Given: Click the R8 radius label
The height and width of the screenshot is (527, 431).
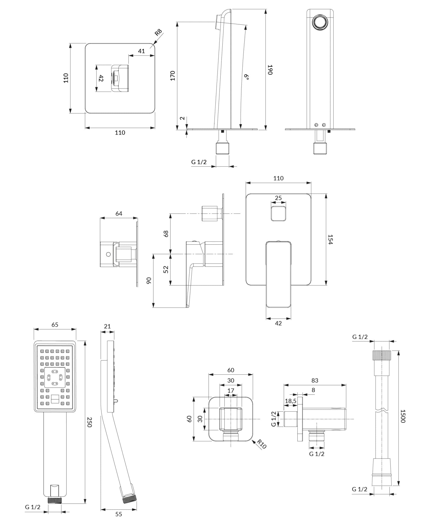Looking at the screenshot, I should [158, 32].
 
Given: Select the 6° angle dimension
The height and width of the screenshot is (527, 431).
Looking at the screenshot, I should [247, 77].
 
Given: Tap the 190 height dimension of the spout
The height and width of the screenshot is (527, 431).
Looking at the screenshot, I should [270, 70].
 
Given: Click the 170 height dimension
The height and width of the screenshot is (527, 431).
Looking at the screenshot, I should [173, 75].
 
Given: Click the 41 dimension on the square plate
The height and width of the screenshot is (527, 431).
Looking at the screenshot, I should [141, 51].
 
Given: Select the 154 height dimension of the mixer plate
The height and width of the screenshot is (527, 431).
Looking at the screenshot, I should [330, 239].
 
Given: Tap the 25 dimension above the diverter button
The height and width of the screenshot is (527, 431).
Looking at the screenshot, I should [278, 198].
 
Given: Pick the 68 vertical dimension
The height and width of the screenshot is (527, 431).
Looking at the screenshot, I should [166, 233].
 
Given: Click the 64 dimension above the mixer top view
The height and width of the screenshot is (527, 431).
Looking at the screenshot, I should [119, 214].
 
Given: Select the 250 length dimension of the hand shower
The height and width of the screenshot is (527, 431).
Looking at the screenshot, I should [89, 422].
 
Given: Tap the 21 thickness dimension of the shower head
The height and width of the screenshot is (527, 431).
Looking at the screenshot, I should [107, 326].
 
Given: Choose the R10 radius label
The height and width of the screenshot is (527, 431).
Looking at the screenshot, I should [262, 444].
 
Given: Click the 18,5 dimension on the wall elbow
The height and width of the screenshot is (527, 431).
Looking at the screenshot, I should [290, 401].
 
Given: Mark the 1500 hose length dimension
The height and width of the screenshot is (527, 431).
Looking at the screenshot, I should [403, 416].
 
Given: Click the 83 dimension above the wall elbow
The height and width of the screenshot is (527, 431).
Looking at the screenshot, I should [315, 380].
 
